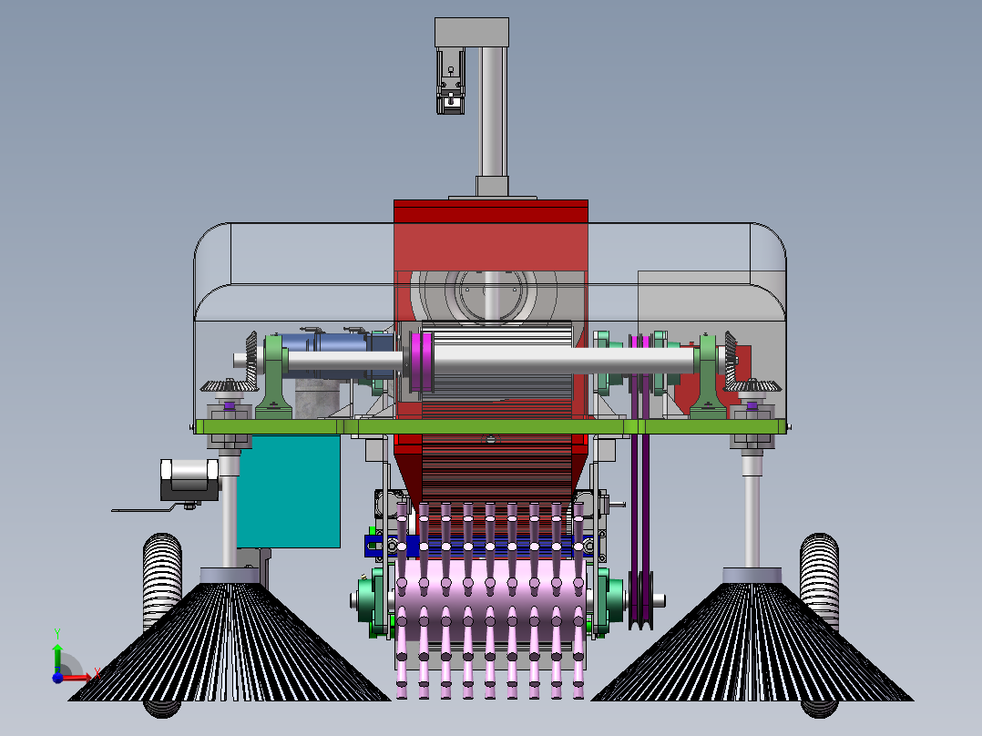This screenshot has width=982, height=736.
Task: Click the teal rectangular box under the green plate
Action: point(288,492)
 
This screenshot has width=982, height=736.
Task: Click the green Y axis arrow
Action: point(57,650)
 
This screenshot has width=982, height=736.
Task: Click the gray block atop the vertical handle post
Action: point(472,32)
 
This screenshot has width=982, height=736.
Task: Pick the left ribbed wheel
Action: point(162,583)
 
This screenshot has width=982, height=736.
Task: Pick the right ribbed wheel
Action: point(819,583)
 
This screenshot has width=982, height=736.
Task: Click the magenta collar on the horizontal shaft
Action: point(420,363)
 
